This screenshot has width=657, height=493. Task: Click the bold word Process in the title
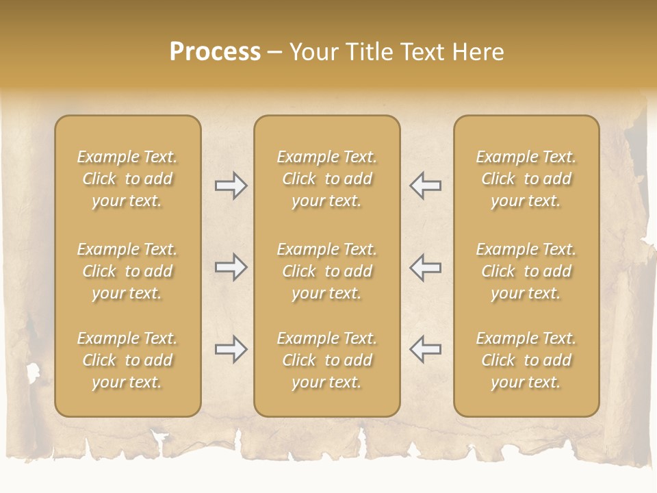click(x=215, y=52)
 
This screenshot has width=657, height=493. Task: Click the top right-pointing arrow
click(x=231, y=186)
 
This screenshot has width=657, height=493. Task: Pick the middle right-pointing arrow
click(x=231, y=267)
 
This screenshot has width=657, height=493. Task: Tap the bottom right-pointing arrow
click(x=231, y=349)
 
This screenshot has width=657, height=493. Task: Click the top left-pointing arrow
click(x=425, y=186)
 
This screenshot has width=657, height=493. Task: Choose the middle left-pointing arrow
click(x=425, y=267)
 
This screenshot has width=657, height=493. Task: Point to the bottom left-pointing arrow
click(x=425, y=349)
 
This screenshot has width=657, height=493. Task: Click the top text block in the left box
click(x=127, y=179)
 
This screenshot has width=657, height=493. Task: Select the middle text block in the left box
click(x=127, y=271)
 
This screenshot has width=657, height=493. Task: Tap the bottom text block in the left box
click(x=127, y=360)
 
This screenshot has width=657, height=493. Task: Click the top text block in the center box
click(x=327, y=179)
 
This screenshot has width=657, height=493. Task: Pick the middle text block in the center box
click(x=327, y=271)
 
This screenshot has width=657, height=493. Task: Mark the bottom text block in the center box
click(x=327, y=360)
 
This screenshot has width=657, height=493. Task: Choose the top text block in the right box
click(x=526, y=179)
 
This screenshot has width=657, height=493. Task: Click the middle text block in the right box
click(x=526, y=271)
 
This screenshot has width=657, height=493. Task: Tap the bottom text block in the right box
click(x=526, y=360)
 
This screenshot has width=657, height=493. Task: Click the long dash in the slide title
click(x=274, y=53)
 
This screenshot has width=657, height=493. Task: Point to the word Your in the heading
click(x=313, y=52)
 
